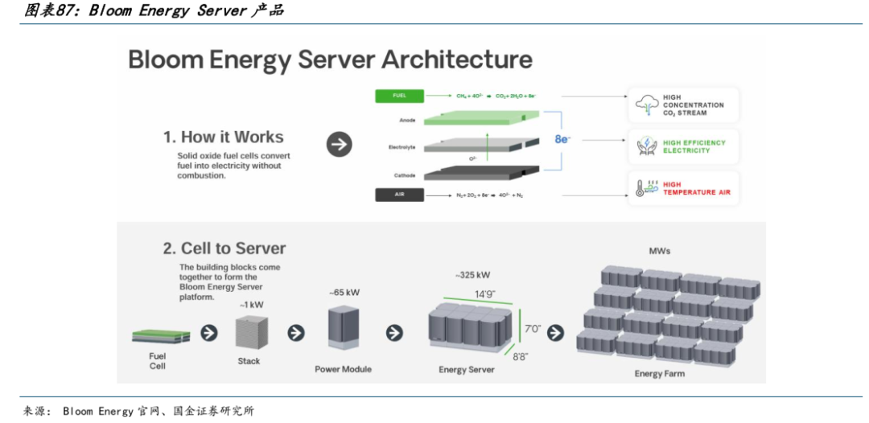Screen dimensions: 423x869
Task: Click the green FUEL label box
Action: click(399, 96)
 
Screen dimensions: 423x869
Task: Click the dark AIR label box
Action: click(399, 195)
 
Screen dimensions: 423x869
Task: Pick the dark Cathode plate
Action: click(475, 171)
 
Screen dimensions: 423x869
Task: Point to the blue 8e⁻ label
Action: click(562, 140)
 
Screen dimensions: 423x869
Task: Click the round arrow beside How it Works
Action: click(340, 145)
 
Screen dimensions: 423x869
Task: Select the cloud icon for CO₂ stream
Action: click(646, 105)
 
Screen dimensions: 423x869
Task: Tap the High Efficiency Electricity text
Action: click(694, 146)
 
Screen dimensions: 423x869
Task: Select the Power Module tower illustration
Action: click(343, 330)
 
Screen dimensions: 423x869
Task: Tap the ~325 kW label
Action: click(471, 275)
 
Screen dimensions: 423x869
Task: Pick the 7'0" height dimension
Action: click(533, 329)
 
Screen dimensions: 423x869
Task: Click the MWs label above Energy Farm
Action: click(660, 251)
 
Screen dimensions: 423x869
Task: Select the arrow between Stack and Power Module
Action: click(296, 333)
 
